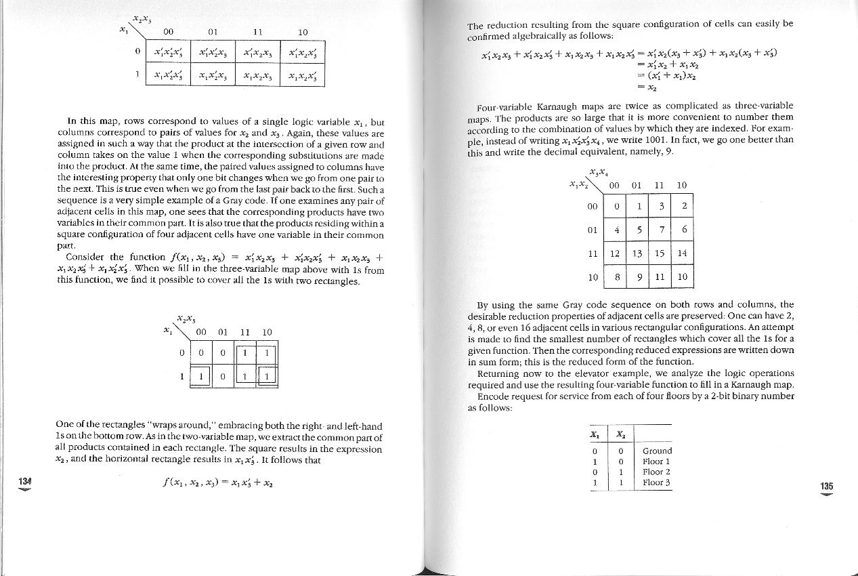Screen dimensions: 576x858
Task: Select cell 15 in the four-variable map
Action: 659,253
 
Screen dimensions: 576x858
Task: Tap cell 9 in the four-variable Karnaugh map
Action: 637,276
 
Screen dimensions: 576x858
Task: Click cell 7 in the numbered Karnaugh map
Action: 660,230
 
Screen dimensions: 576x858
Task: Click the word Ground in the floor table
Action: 657,451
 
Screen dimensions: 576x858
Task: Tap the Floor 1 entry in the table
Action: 656,461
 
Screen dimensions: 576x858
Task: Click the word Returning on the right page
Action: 500,373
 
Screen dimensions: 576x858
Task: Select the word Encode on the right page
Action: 493,396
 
